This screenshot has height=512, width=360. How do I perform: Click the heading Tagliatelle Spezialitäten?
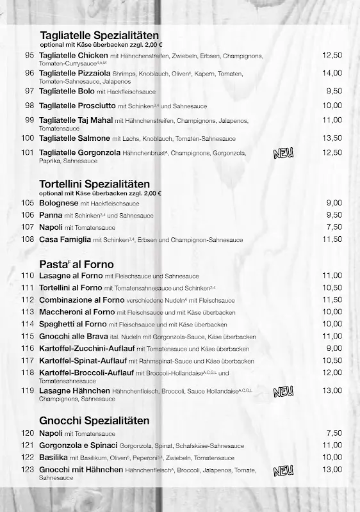coord(99,35)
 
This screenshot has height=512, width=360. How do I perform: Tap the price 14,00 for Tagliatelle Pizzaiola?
coord(332,73)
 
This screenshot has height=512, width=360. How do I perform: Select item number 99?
coord(29,120)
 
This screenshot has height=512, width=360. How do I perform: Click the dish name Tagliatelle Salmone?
coord(75,138)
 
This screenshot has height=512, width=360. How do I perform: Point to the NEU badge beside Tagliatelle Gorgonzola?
coord(283,153)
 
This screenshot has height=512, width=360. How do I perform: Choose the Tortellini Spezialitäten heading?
coord(94,184)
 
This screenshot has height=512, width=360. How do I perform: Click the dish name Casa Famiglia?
coord(65,239)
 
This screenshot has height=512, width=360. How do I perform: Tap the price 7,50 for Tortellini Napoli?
coord(334,227)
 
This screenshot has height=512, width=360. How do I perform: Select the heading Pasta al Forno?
coord(76,264)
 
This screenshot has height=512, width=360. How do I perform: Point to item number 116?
coord(27,348)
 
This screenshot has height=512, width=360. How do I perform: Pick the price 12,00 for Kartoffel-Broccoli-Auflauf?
coord(332,372)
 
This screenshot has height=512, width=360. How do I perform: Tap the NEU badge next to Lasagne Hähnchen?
coord(283,391)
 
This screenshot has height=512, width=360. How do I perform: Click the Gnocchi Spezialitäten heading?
coord(94,420)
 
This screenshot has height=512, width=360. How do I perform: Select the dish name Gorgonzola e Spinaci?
coord(78,445)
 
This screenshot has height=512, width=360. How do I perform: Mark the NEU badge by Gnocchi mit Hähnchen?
coord(283,471)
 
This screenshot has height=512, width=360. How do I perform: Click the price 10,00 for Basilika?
coord(332,457)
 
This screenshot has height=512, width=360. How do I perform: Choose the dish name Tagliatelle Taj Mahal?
coord(76,120)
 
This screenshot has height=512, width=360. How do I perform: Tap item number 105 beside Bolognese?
coord(27,202)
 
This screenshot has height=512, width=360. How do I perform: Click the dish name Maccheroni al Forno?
coord(77,312)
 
